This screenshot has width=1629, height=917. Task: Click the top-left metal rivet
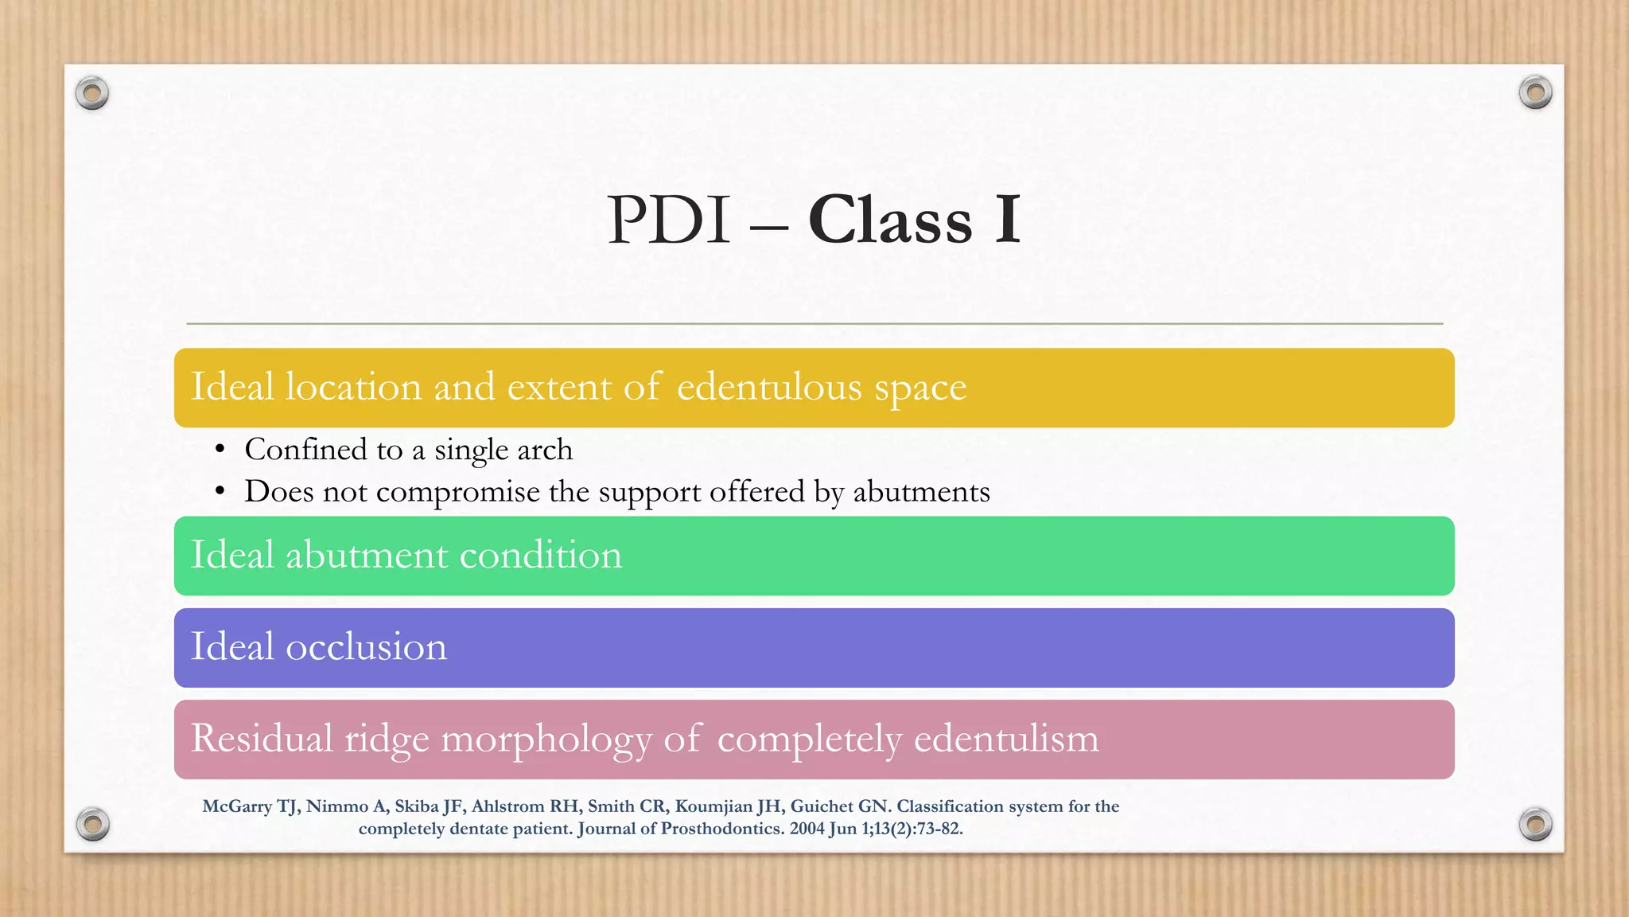(x=92, y=94)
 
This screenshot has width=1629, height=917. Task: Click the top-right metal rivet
(x=1535, y=93)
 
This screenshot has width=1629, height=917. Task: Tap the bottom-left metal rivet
(x=93, y=824)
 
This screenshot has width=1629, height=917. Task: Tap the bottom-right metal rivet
(x=1535, y=824)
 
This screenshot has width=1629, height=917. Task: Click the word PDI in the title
(x=668, y=220)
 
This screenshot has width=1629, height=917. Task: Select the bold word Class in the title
(x=890, y=220)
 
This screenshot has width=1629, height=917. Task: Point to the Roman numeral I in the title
(x=1007, y=220)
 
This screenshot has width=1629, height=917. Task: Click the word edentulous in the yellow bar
(x=769, y=388)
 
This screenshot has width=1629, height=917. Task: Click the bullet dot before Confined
(x=220, y=450)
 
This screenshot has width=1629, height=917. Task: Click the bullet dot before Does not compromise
(x=220, y=492)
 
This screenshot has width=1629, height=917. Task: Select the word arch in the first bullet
(x=545, y=450)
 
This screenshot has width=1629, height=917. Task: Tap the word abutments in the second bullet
(x=921, y=492)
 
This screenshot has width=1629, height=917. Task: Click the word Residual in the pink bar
(x=262, y=738)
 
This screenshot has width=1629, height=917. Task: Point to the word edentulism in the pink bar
(x=1006, y=738)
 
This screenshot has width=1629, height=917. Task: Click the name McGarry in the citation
(x=237, y=806)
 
